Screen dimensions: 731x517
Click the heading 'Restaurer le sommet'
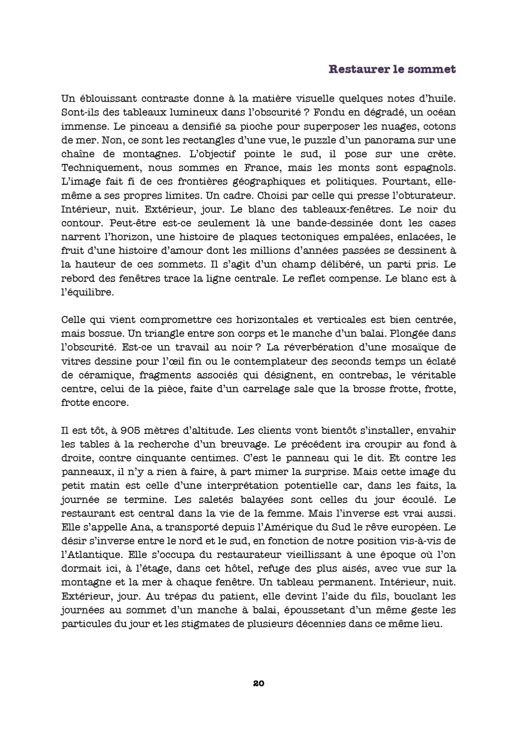(x=392, y=69)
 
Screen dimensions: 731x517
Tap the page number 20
(x=258, y=683)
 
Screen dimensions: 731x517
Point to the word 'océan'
(x=441, y=113)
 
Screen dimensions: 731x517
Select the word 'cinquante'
(x=161, y=458)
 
